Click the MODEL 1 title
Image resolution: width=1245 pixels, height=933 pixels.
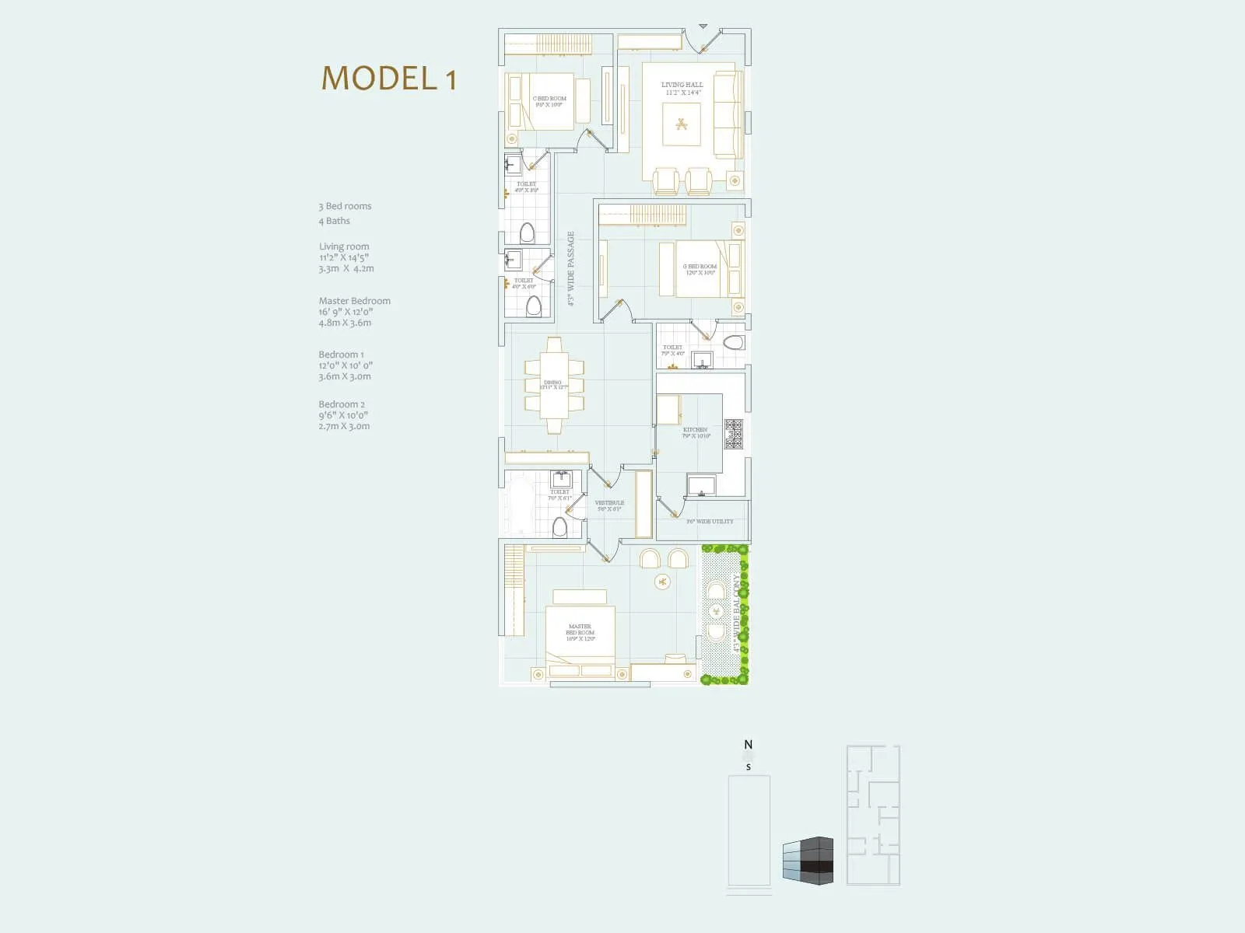click(x=389, y=79)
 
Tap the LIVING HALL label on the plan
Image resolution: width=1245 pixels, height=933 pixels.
click(x=682, y=85)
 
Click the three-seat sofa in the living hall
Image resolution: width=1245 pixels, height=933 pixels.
click(x=728, y=115)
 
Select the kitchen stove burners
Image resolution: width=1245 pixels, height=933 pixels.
click(x=734, y=434)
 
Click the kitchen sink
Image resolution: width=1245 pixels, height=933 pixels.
click(x=701, y=486)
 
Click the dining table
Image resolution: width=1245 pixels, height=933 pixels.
click(x=553, y=385)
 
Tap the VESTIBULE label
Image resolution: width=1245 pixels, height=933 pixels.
click(x=609, y=503)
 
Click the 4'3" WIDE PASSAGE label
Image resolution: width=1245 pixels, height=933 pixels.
click(x=570, y=268)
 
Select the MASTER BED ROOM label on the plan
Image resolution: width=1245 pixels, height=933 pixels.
click(x=580, y=630)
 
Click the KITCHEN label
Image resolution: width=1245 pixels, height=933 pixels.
click(x=696, y=430)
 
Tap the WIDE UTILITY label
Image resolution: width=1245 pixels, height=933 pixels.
click(x=710, y=522)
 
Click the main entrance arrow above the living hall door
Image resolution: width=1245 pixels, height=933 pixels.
click(x=703, y=26)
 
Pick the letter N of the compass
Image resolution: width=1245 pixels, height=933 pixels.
click(x=749, y=745)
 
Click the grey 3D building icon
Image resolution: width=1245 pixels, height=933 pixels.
click(x=808, y=861)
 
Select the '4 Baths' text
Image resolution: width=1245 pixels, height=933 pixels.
click(x=335, y=221)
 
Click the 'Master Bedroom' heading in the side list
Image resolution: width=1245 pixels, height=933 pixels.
click(x=355, y=301)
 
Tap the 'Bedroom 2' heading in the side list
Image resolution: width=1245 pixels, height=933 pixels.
click(x=342, y=404)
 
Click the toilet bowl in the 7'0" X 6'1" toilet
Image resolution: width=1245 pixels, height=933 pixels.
click(x=559, y=527)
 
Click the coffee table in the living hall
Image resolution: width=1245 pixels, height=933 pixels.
click(x=682, y=124)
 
